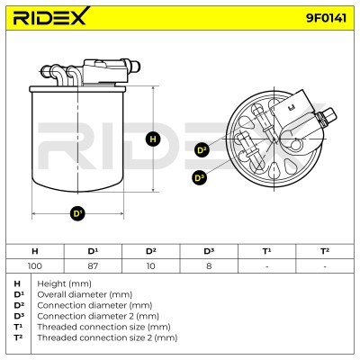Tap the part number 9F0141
coord(326,18)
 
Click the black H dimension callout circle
coord(153,139)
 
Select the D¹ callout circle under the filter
coord(77,213)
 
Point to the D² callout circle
coord(202,149)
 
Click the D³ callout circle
coord(199,177)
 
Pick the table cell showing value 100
coord(35,265)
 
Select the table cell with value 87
coord(93,265)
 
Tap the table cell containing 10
coord(150,265)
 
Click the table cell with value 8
coord(209,265)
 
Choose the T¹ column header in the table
coord(266,251)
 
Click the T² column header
coord(325,251)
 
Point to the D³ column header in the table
coord(209,251)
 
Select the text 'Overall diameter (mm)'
coord(85,294)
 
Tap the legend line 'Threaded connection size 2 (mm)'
coord(107,337)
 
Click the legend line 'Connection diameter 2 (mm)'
coord(98,316)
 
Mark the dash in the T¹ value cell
coord(266,266)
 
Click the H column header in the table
coord(35,251)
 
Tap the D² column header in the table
coord(150,251)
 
